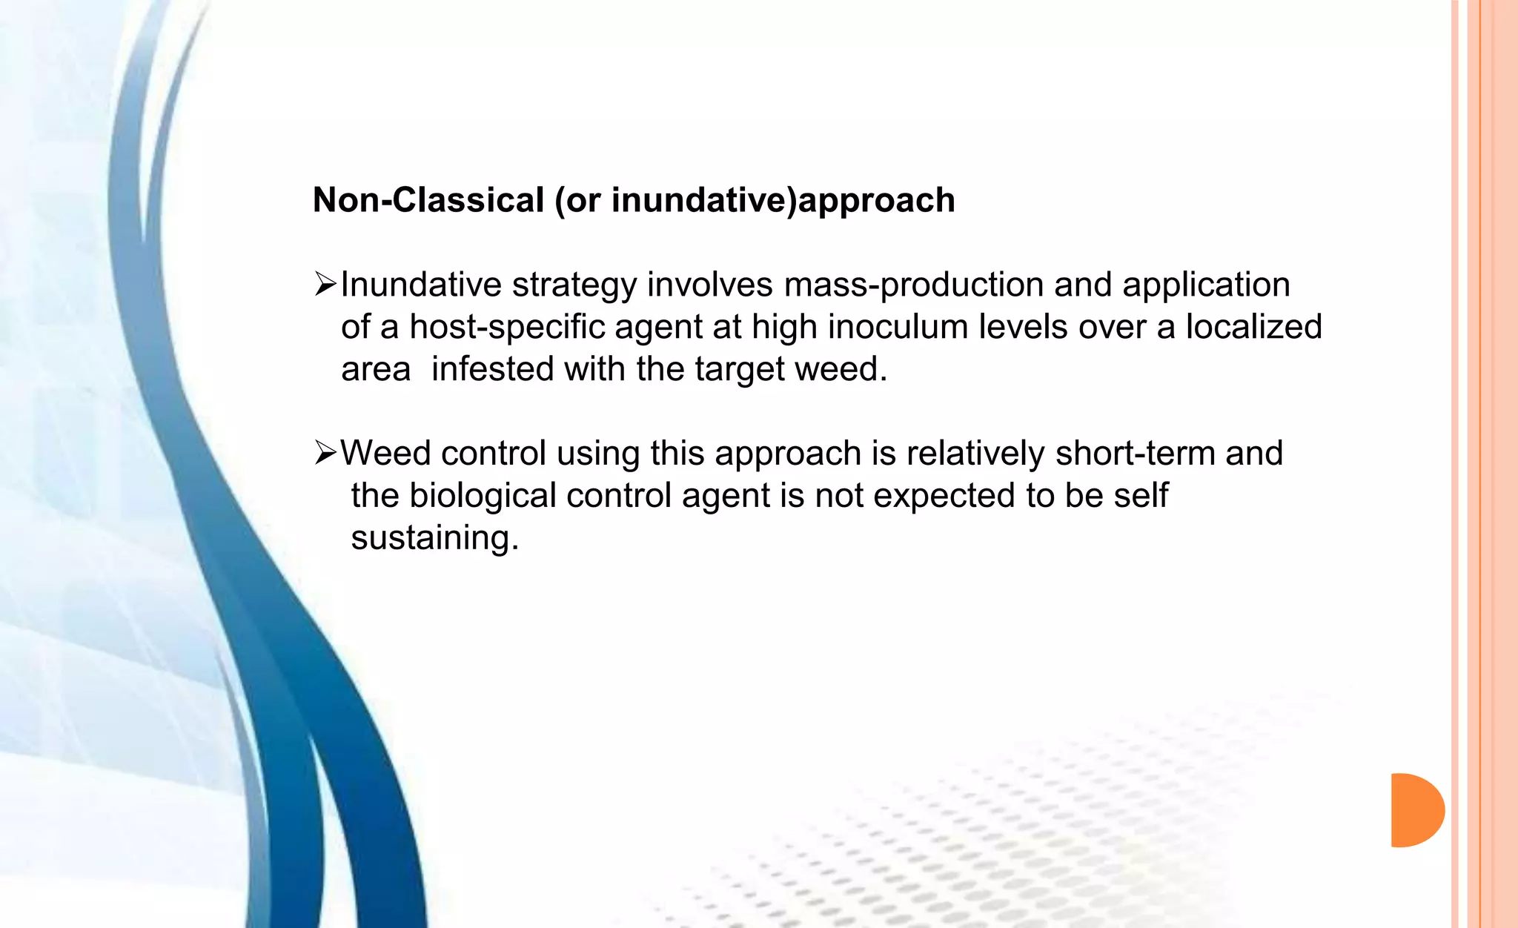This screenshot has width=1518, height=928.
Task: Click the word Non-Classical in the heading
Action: click(x=428, y=200)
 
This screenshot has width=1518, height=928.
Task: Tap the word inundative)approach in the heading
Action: click(x=783, y=200)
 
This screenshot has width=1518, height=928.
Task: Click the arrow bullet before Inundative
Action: click(x=325, y=284)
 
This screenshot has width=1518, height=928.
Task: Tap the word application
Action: click(x=1206, y=285)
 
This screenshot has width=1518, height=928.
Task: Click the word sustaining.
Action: click(x=434, y=537)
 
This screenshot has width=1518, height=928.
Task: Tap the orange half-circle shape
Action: click(x=1415, y=810)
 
